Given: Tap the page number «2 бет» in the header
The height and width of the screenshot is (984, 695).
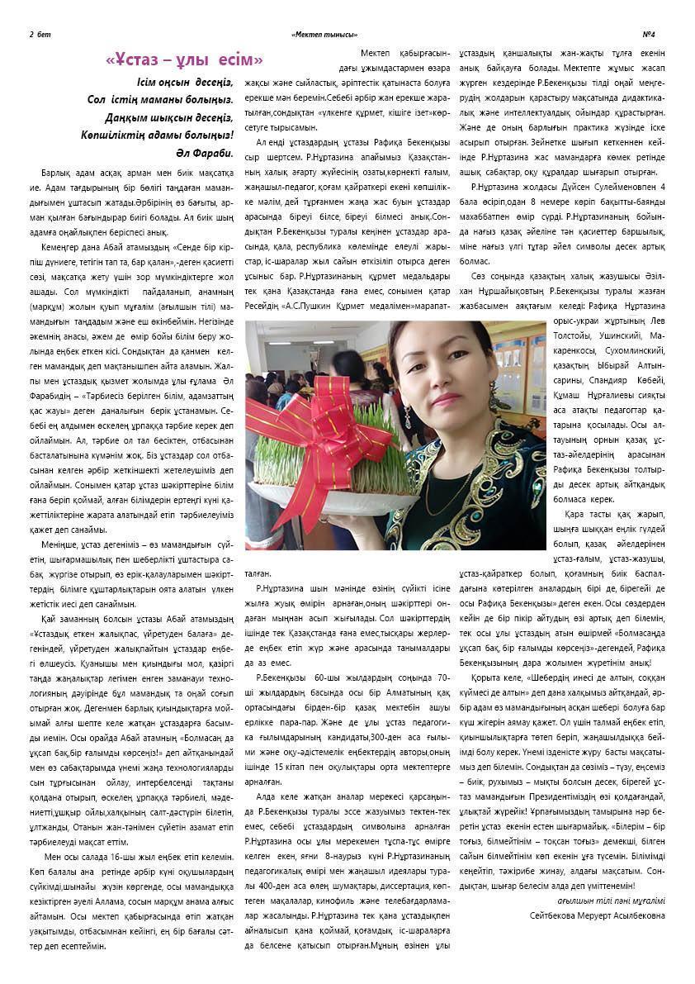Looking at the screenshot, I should [40, 34].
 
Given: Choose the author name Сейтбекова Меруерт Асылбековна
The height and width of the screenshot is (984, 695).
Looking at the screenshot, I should [598, 915].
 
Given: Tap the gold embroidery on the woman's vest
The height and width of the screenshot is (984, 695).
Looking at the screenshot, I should [495, 463].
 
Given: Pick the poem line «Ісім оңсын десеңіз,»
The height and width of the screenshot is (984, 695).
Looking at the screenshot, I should [186, 83].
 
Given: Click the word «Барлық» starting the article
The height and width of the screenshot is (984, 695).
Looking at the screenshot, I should [54, 176].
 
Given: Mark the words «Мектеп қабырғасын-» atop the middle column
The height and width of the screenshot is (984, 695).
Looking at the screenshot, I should [404, 53].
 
